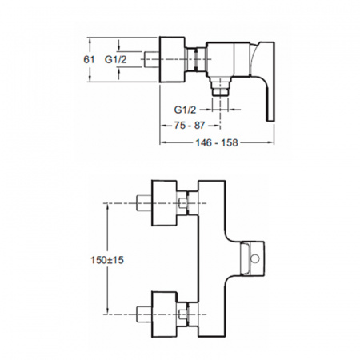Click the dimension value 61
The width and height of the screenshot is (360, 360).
[89, 59]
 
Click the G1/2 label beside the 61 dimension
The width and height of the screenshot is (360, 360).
[115, 59]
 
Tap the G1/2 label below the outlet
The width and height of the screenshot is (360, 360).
[185, 110]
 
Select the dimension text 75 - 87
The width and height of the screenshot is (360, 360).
[190, 126]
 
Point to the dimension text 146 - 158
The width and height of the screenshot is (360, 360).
[217, 142]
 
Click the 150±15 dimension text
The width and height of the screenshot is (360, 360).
[107, 260]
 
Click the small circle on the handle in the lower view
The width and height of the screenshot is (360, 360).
[255, 258]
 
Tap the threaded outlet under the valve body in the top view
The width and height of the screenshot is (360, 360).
[220, 86]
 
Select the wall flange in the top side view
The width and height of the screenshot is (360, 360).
[172, 59]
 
